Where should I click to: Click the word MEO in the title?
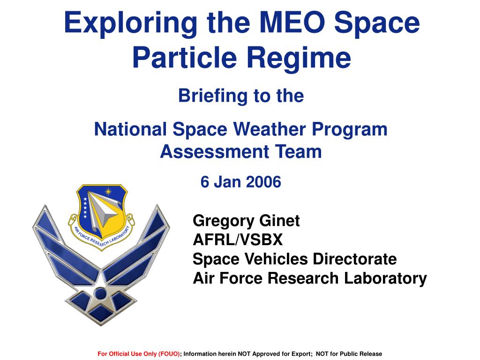pos(293,22)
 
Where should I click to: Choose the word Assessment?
pos(215,151)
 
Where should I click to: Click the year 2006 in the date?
pos(263,182)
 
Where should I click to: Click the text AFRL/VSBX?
pos(238,240)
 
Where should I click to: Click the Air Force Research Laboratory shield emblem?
pos(101,217)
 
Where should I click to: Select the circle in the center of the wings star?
pos(100,294)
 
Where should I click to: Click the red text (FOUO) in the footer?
pos(169,354)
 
